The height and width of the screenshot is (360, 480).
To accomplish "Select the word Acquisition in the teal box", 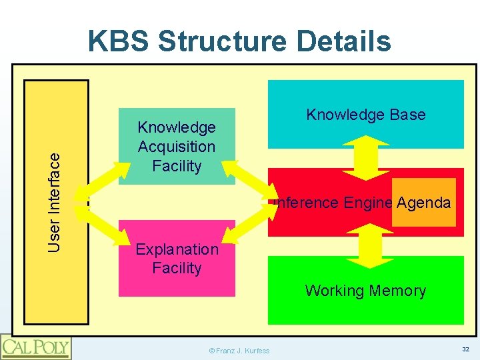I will (x=177, y=147).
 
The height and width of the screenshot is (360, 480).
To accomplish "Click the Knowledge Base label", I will (x=365, y=115).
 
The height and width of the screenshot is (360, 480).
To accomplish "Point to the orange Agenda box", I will (x=424, y=203).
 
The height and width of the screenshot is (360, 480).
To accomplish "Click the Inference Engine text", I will (x=332, y=203).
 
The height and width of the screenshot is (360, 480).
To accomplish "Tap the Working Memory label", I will (x=365, y=291).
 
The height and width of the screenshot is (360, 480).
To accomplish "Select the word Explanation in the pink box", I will (x=177, y=249).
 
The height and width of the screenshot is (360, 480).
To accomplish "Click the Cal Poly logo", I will (x=36, y=347).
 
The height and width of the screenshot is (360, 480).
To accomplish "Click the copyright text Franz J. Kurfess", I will (x=239, y=351).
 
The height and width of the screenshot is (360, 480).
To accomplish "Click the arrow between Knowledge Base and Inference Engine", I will (x=365, y=158).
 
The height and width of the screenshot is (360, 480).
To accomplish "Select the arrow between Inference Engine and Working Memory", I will (x=365, y=245).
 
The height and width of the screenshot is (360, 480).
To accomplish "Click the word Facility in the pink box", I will (x=177, y=268).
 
